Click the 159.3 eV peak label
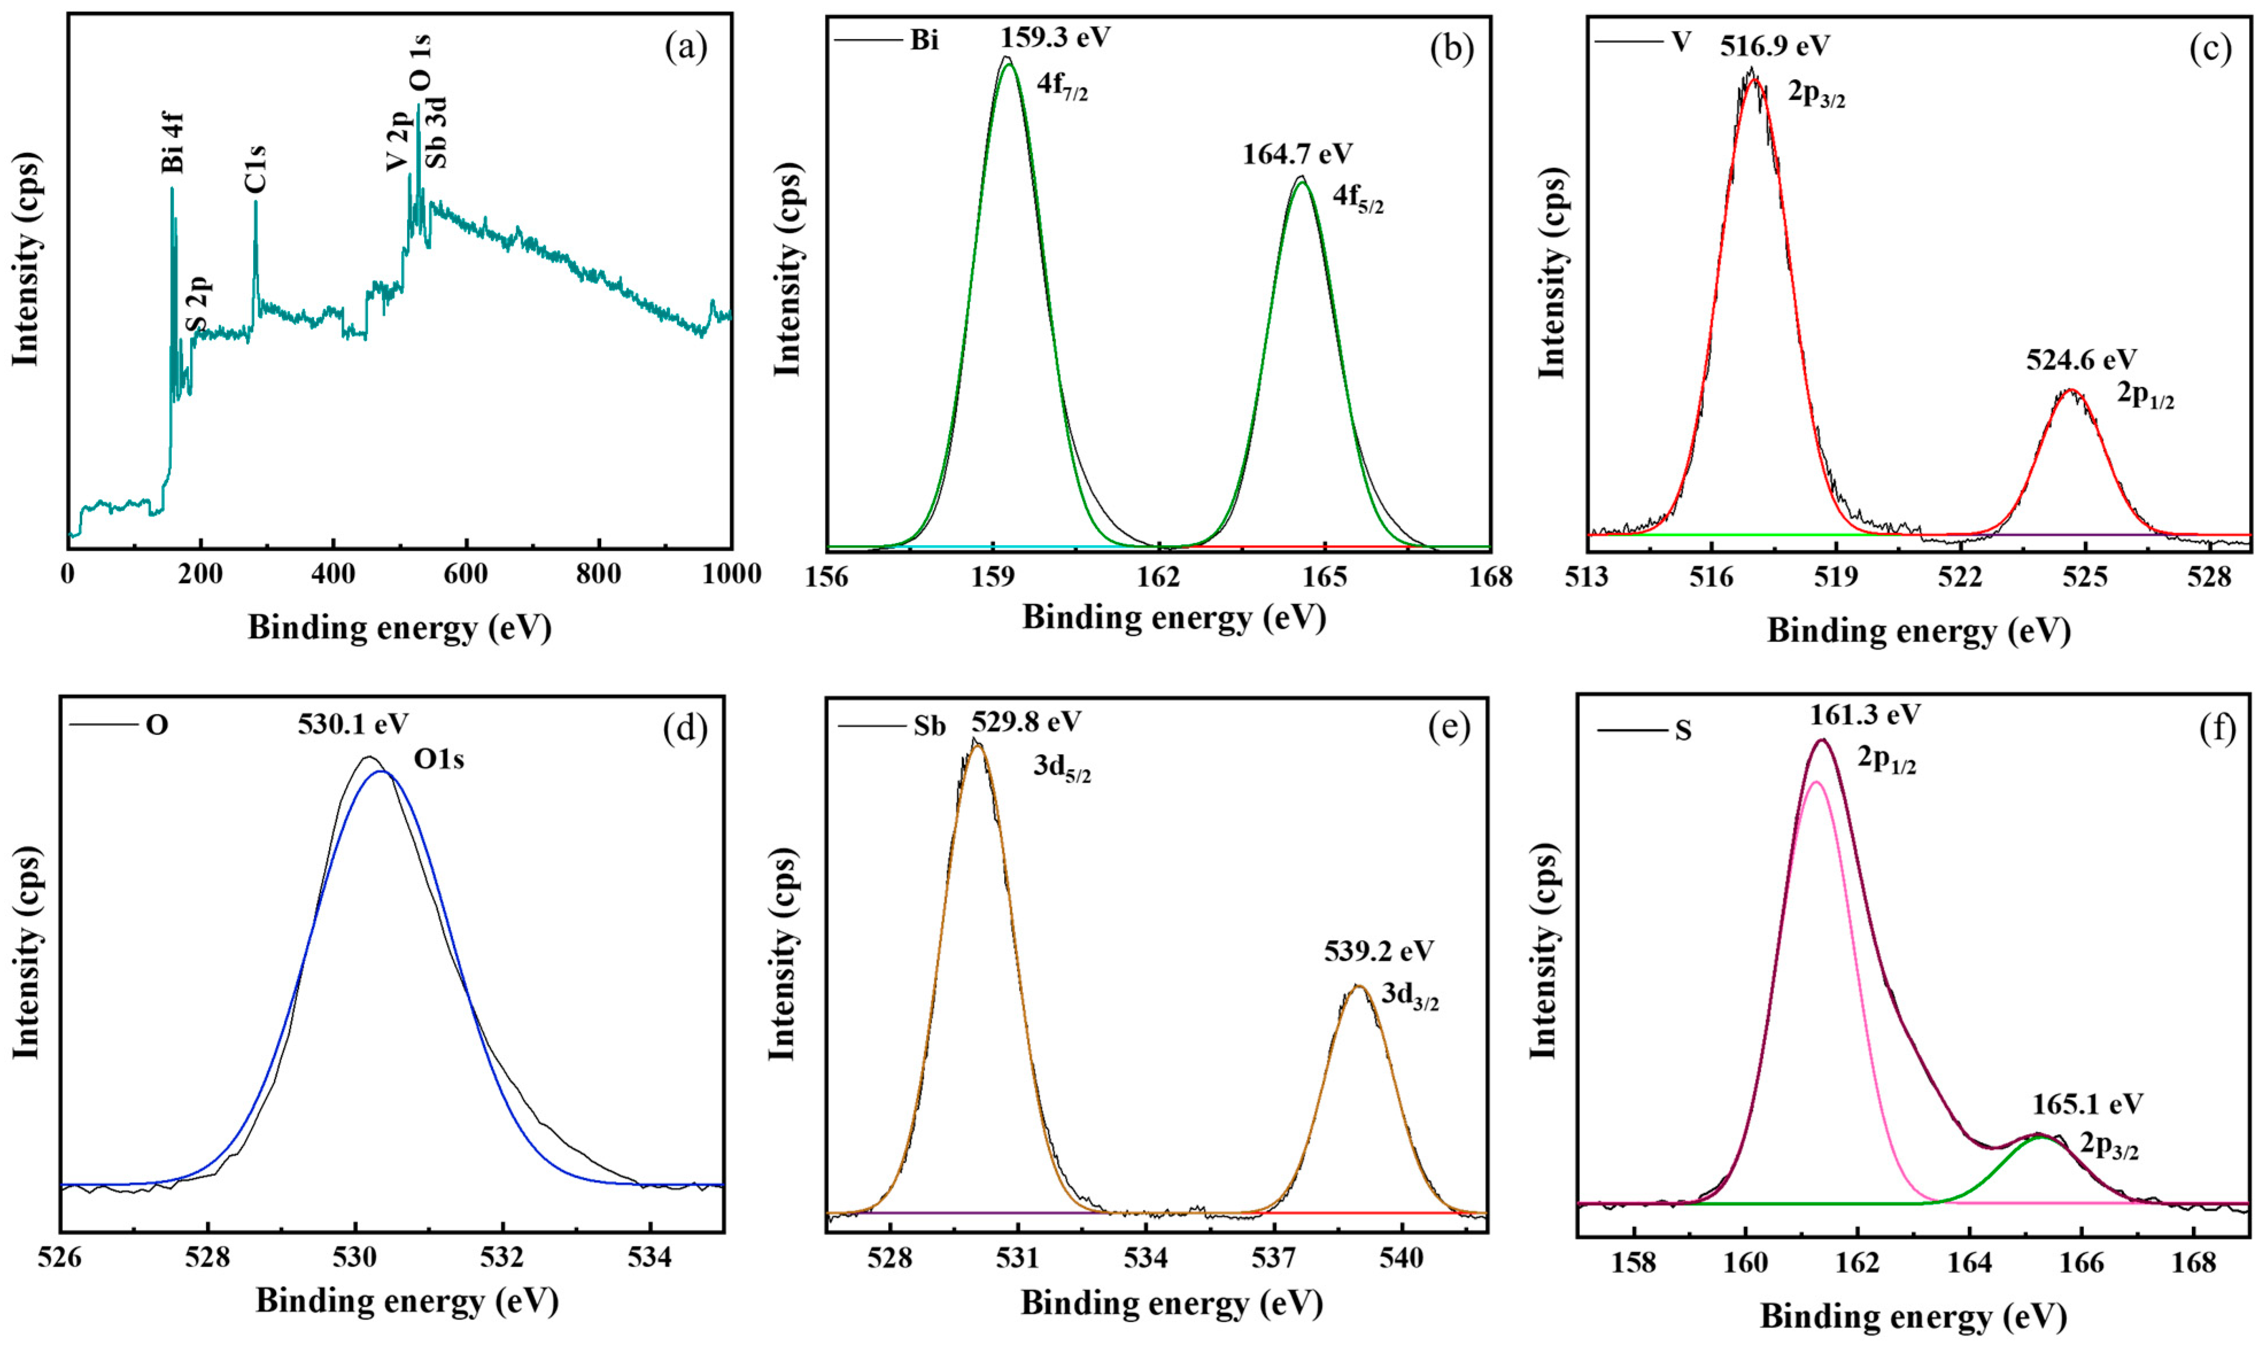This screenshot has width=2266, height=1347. coord(1055,38)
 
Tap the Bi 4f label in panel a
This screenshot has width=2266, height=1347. coord(172,142)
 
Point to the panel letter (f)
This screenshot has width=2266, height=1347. coord(2216,728)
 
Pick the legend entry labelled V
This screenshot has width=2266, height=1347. coord(1680,42)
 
